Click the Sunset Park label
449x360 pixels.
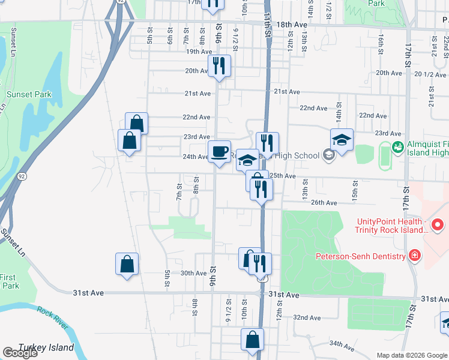29,94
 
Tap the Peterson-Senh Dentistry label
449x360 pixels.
361,257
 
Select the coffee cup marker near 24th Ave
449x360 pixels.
219,150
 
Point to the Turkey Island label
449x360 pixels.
46,347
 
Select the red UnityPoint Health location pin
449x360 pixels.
438,226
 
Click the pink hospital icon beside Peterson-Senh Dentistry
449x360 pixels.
414,256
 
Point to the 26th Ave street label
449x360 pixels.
324,202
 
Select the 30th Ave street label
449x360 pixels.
193,273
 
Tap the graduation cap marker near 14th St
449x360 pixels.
342,140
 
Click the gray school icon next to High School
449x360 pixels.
328,155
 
